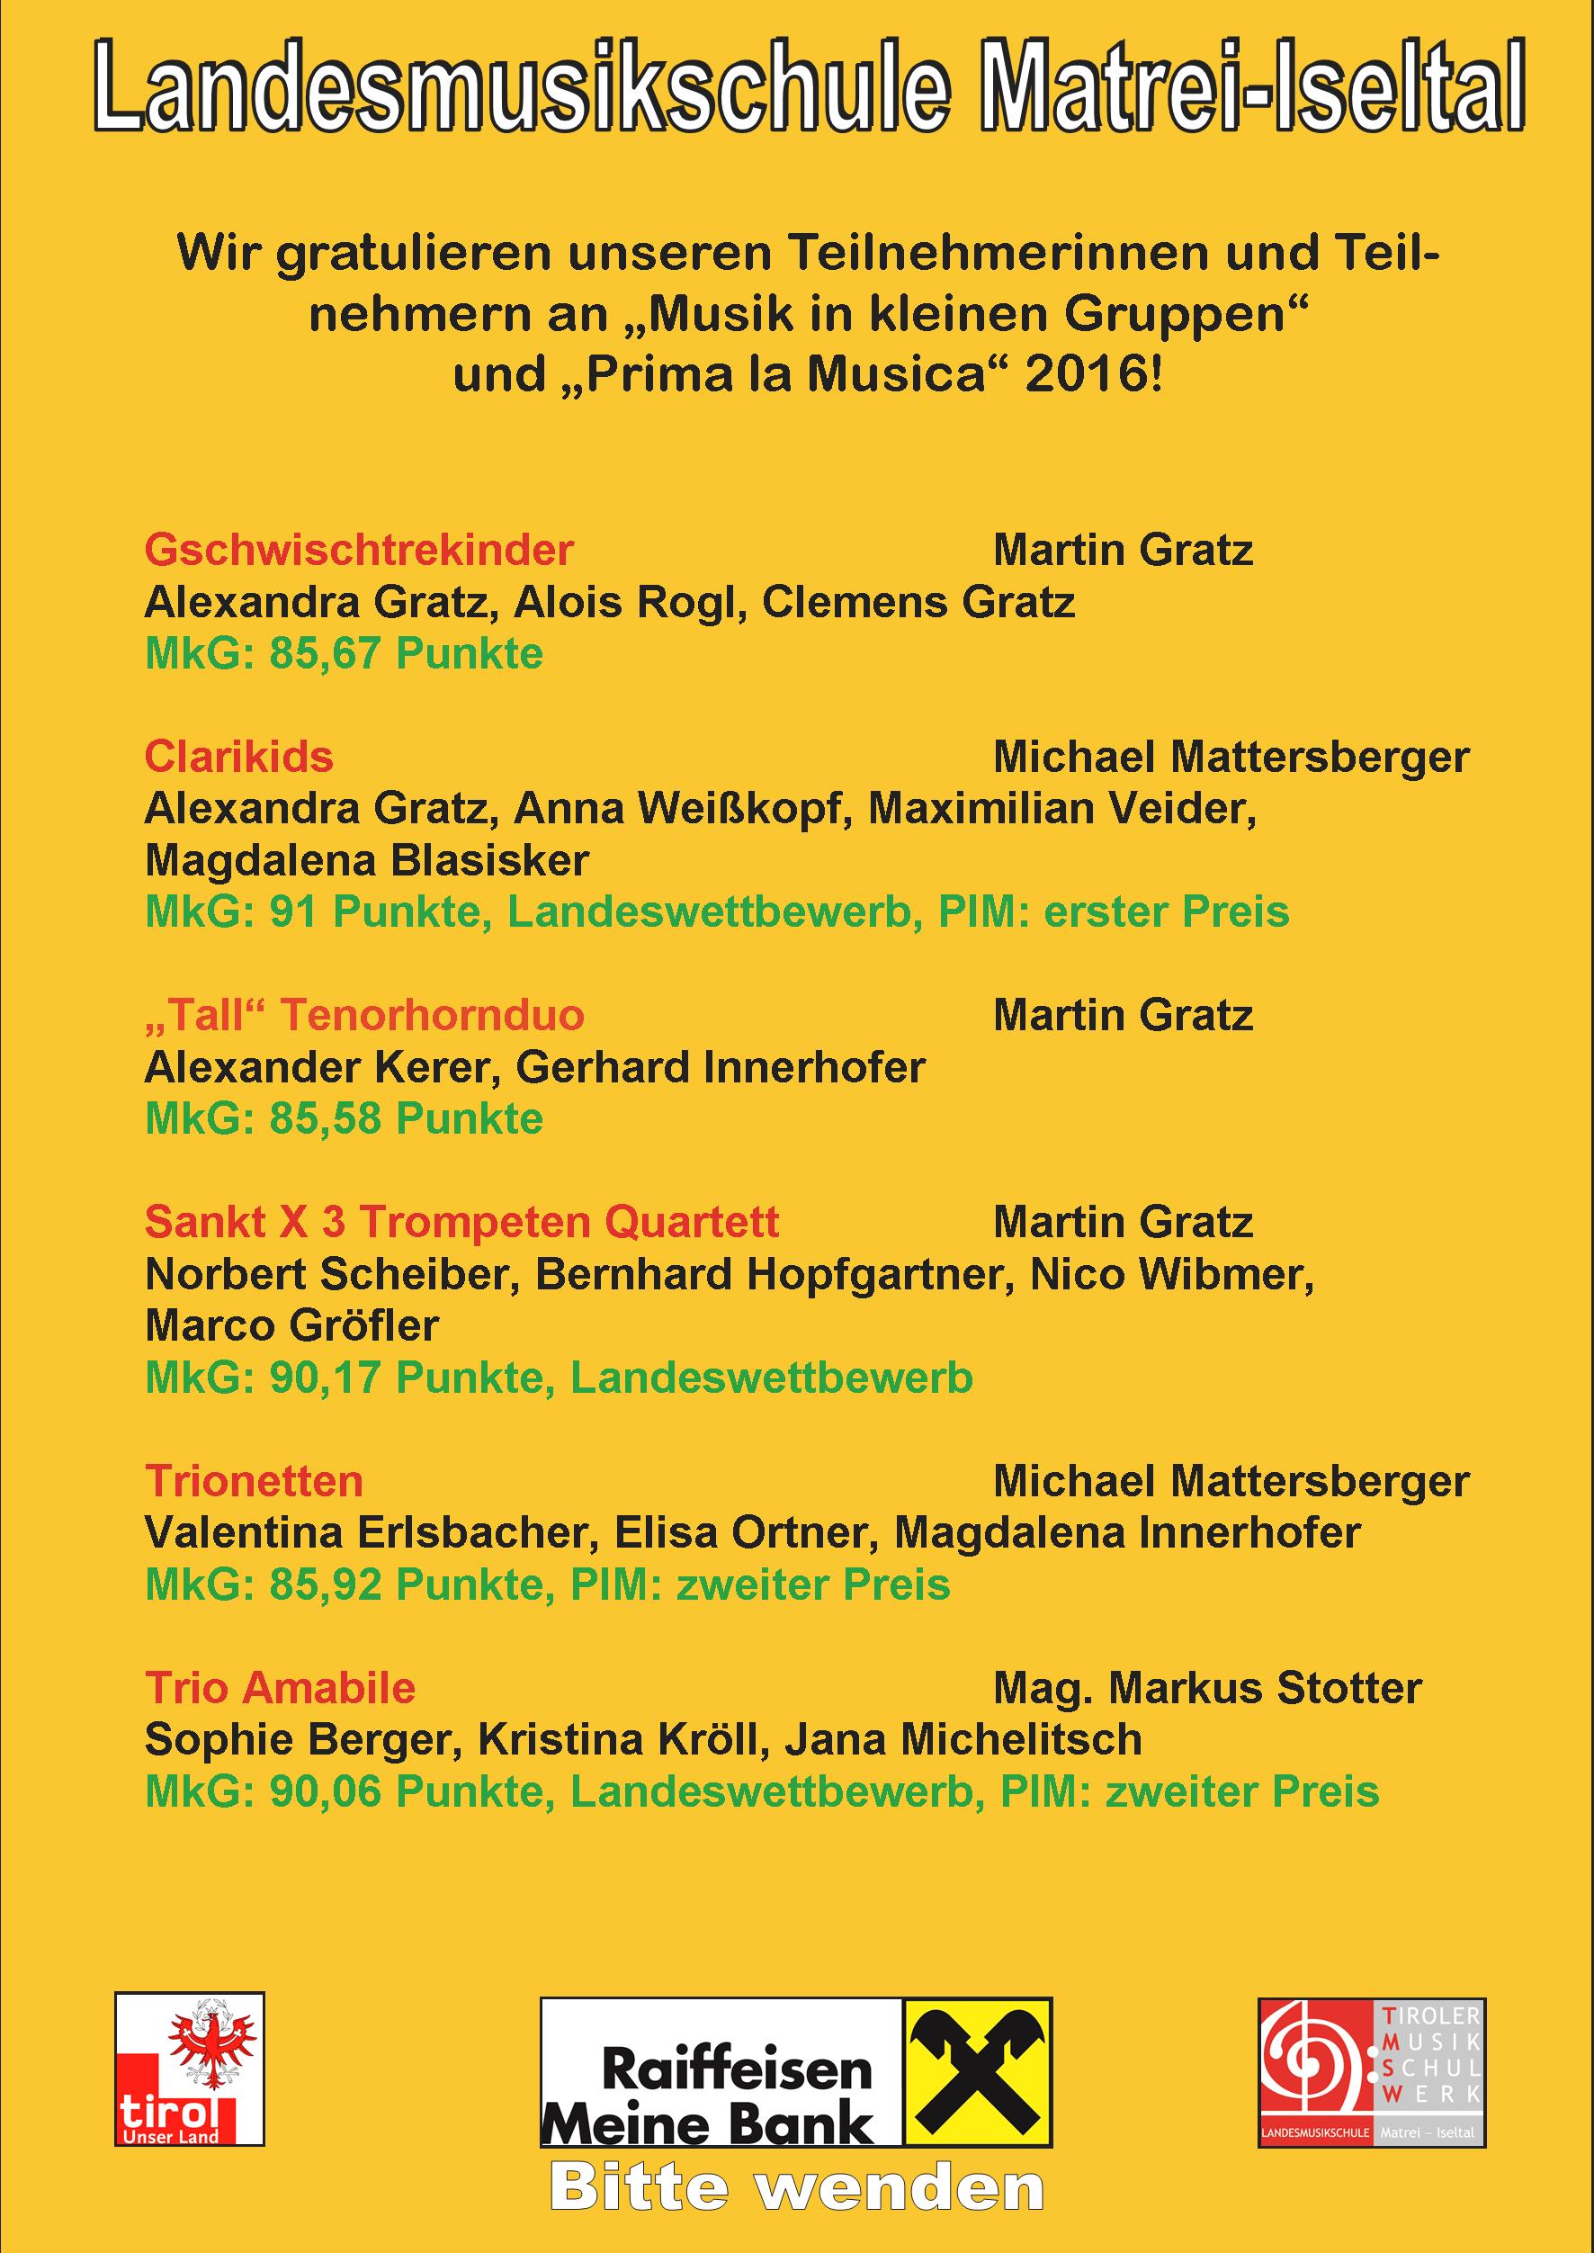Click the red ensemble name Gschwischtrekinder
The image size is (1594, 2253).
[x=358, y=551]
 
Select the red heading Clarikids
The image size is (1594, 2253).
[x=238, y=757]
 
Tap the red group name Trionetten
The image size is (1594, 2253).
[x=254, y=1481]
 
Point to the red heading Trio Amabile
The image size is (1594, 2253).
[x=280, y=1689]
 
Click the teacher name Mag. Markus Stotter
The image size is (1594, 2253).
[x=1207, y=1689]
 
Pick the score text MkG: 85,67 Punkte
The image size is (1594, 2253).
[x=344, y=655]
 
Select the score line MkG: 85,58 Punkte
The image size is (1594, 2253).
[x=344, y=1119]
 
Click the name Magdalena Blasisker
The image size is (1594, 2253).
[x=366, y=861]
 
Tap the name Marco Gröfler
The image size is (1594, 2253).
[x=291, y=1326]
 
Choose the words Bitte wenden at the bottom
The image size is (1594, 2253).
[x=796, y=2188]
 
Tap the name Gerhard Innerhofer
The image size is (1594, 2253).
[x=721, y=1067]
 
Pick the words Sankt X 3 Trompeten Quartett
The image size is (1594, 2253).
[x=461, y=1223]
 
